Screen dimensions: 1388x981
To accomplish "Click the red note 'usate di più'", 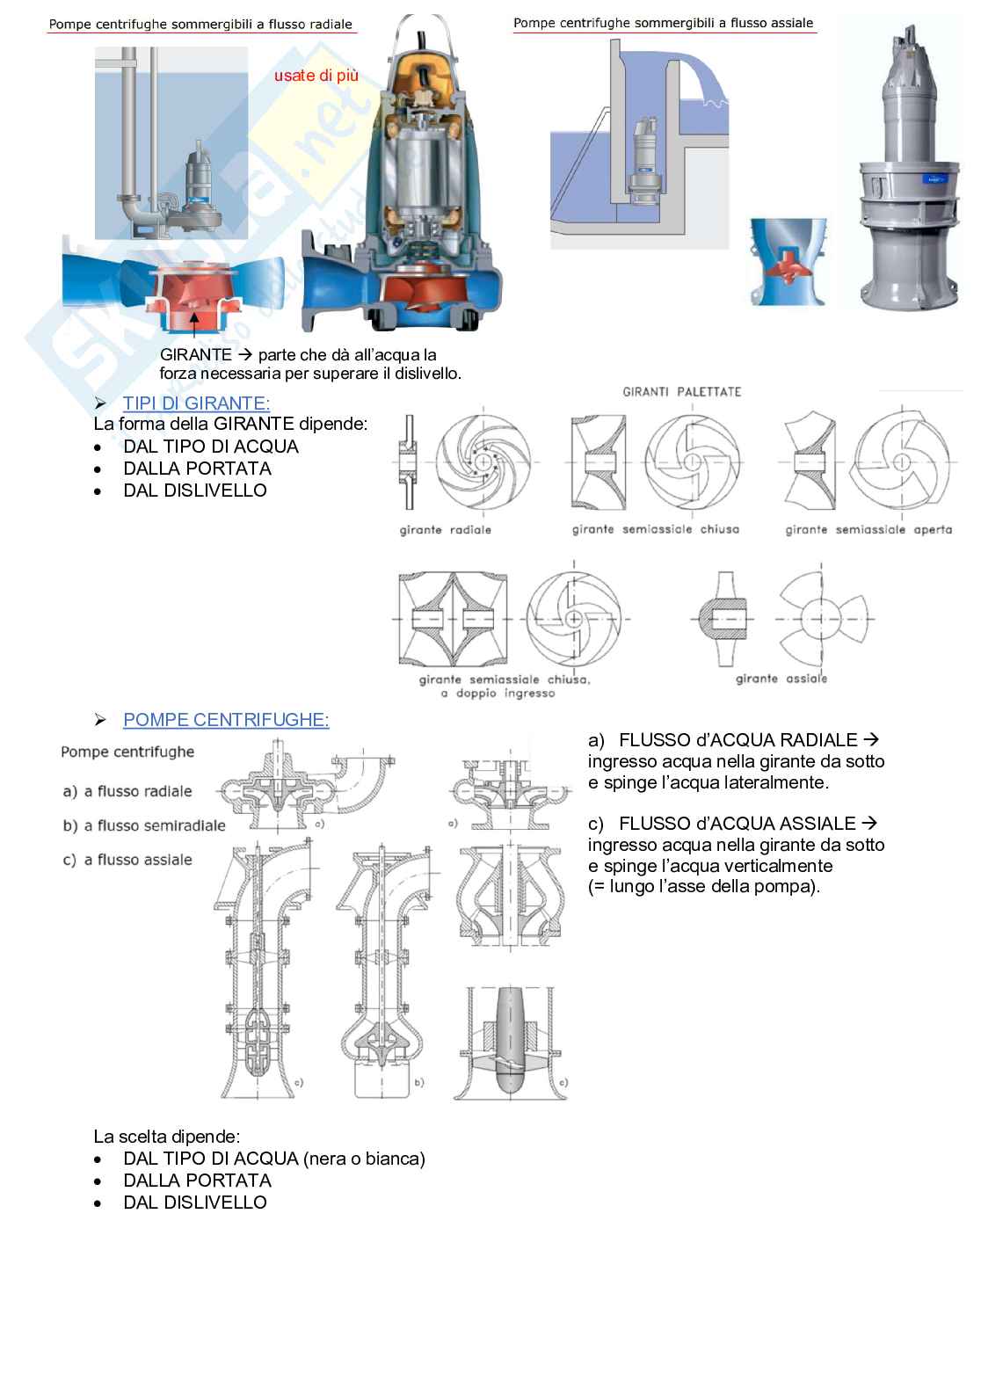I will click(316, 76).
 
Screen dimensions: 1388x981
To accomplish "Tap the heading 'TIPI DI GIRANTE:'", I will click(196, 403).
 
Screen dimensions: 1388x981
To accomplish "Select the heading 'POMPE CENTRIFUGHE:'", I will click(226, 720).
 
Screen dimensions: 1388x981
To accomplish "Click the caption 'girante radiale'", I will click(446, 530).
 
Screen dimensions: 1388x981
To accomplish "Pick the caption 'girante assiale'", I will click(781, 679).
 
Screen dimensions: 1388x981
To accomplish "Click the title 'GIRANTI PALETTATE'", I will click(682, 392).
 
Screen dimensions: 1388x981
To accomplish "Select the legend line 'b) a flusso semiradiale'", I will click(144, 826).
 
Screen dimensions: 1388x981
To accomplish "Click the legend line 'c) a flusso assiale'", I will click(127, 860).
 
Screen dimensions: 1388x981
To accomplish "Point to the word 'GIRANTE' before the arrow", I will click(196, 355).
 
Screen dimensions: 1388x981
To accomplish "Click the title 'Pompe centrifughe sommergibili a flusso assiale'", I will click(664, 24).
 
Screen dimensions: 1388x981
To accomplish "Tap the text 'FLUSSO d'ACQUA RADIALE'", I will click(738, 740).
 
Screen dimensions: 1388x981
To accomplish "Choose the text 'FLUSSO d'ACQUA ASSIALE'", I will click(737, 824).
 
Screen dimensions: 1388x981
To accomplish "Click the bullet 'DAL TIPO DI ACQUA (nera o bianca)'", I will click(273, 1159).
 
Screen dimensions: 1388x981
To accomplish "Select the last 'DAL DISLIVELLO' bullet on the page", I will click(194, 1203).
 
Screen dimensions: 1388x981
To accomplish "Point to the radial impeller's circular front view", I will click(481, 460).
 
